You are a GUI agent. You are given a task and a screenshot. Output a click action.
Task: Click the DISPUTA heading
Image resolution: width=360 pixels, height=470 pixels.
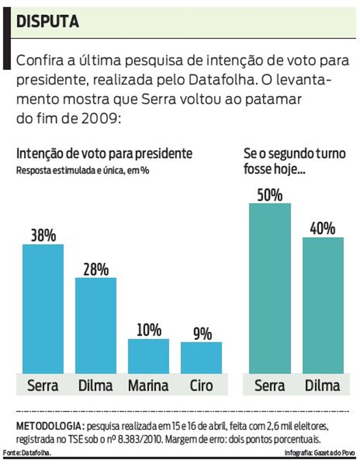coord(47,21)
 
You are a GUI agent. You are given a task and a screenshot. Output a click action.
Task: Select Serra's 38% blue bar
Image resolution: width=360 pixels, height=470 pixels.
coord(43,308)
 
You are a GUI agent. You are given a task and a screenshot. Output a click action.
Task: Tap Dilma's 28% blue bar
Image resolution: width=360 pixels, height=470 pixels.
coord(96,324)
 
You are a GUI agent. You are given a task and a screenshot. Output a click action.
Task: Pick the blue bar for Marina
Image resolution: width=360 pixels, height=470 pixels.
coord(148,355)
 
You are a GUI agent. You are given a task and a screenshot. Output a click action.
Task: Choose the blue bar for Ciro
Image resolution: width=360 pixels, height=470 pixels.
coord(201,357)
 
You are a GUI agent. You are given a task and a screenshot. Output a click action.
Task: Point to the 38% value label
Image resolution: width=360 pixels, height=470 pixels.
coord(43,236)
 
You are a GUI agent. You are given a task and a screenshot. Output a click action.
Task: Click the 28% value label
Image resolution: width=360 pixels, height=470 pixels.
coord(96,269)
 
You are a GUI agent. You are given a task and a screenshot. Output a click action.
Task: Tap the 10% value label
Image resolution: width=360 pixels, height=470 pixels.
coord(148,330)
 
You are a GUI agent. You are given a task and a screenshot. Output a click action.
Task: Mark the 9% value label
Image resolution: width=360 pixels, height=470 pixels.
coord(202,334)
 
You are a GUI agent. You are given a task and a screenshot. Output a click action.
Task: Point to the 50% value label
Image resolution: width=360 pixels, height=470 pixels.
coord(270,195)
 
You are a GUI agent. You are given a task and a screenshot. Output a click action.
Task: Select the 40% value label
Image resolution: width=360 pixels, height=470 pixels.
coord(323,228)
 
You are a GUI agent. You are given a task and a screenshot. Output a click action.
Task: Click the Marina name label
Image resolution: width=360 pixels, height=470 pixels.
coord(148,386)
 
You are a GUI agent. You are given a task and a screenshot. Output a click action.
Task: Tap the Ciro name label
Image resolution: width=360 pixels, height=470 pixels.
coord(201,386)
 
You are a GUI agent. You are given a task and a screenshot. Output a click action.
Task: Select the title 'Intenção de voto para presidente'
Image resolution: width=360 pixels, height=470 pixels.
coord(104,154)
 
